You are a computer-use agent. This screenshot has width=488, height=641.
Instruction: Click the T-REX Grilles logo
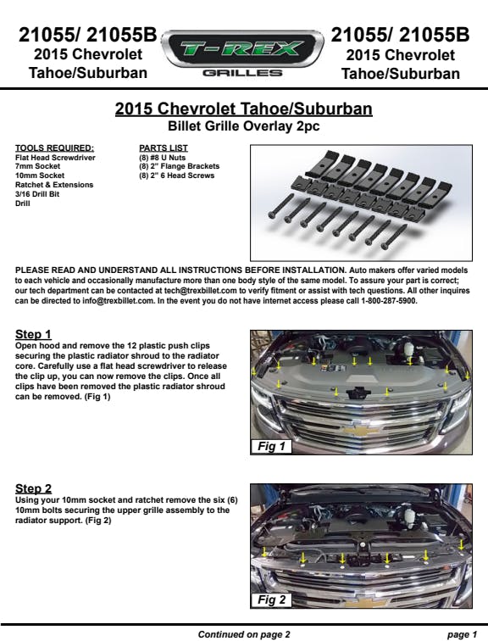[x=242, y=53]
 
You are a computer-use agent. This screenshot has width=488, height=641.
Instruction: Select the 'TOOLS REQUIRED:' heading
[x=54, y=148]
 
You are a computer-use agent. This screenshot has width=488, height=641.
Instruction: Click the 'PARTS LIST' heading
[x=164, y=148]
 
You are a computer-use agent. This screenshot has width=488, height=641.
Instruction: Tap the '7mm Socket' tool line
[x=37, y=166]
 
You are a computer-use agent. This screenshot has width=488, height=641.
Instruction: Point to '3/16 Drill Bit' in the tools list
[x=37, y=194]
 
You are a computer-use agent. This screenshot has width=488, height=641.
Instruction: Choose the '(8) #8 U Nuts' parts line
[x=163, y=158]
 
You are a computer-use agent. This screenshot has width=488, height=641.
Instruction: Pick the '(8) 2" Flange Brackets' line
[x=180, y=166]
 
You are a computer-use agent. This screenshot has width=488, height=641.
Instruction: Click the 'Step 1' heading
[x=33, y=334]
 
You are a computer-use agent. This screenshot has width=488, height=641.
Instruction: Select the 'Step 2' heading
[x=34, y=488]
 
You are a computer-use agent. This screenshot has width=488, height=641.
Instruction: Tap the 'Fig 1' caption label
[x=271, y=446]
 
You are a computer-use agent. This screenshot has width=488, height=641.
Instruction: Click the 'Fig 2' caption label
[x=271, y=599]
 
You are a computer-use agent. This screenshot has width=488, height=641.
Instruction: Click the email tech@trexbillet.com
[x=201, y=291]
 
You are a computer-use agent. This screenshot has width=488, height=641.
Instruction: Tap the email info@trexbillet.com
[x=118, y=301]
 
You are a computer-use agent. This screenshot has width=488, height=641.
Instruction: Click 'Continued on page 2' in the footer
[x=244, y=634]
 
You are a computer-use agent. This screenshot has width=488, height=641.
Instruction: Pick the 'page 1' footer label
[x=462, y=634]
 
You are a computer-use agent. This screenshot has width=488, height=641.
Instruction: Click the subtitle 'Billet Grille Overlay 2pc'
[x=244, y=125]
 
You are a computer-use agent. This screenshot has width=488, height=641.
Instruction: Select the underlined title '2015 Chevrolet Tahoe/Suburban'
[x=244, y=109]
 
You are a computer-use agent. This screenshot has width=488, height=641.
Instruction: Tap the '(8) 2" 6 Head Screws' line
[x=177, y=176]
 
